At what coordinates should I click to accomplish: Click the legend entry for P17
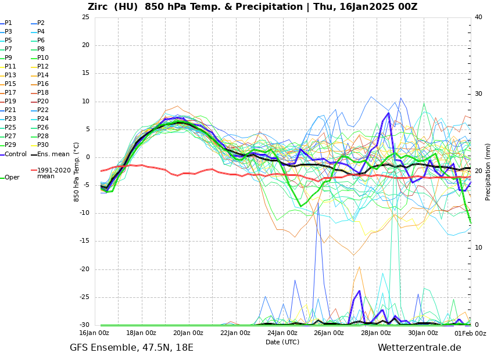10,93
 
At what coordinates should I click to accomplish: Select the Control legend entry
16,154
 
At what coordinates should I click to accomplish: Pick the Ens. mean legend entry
53,154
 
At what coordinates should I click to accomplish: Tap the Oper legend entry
12,178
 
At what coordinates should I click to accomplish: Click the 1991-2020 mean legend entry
53,174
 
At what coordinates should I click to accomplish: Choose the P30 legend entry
43,145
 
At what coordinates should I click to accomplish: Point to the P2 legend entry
41,23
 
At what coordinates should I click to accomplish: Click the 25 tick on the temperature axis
85,17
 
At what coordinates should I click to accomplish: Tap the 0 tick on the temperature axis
87,157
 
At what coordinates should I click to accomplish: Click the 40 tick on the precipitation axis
478,17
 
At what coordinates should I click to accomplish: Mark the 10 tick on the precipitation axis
478,248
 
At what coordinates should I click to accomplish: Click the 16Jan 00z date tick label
94,333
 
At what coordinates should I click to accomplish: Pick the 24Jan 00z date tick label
282,333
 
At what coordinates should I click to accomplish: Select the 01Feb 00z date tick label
470,333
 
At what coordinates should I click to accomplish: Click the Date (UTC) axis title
282,343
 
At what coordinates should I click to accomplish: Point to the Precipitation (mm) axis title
488,171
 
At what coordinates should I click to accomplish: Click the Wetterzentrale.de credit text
419,348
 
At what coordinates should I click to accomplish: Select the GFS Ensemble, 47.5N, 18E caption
131,348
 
